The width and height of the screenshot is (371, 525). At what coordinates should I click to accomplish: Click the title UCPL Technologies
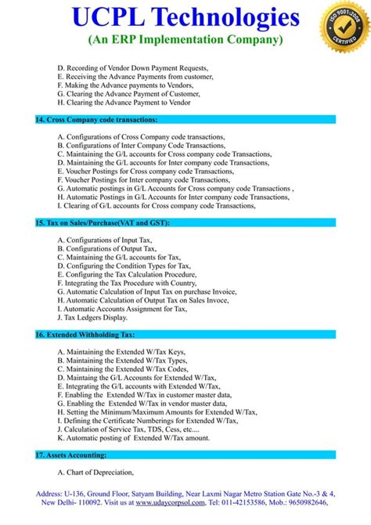(185, 18)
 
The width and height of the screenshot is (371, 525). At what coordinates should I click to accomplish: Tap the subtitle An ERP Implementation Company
(185, 39)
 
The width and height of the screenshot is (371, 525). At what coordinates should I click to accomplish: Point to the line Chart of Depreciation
(95, 472)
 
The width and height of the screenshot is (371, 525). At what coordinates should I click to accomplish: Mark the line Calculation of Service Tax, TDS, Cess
(128, 429)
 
